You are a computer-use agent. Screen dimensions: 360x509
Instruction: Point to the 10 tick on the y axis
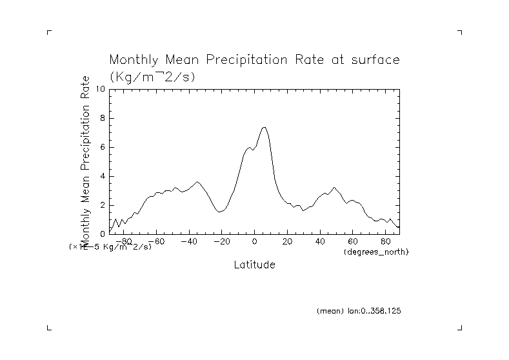(x=101, y=89)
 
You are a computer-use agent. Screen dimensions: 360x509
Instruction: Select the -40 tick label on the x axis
(x=188, y=242)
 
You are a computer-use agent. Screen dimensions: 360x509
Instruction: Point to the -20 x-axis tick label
(x=221, y=242)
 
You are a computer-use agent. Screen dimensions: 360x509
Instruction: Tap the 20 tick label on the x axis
(x=288, y=242)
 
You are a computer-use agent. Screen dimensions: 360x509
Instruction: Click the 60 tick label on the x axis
(x=353, y=242)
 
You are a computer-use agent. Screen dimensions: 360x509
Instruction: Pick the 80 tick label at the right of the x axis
(x=386, y=242)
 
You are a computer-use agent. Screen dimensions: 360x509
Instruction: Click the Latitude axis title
(x=254, y=265)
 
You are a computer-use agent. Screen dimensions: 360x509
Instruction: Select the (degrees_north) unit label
(x=377, y=252)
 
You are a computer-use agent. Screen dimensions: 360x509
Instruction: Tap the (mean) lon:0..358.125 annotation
(x=359, y=311)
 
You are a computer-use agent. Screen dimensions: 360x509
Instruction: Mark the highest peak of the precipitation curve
(x=264, y=127)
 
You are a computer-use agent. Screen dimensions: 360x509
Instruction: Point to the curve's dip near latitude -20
(x=221, y=212)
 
